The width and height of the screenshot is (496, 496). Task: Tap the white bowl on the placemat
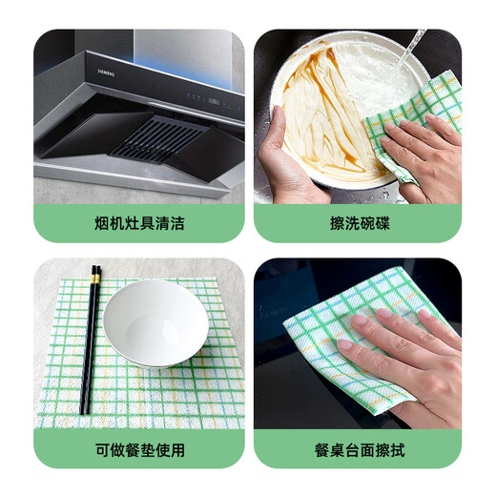click(155, 321)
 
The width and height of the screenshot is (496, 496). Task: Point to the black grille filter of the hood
click(157, 138)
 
